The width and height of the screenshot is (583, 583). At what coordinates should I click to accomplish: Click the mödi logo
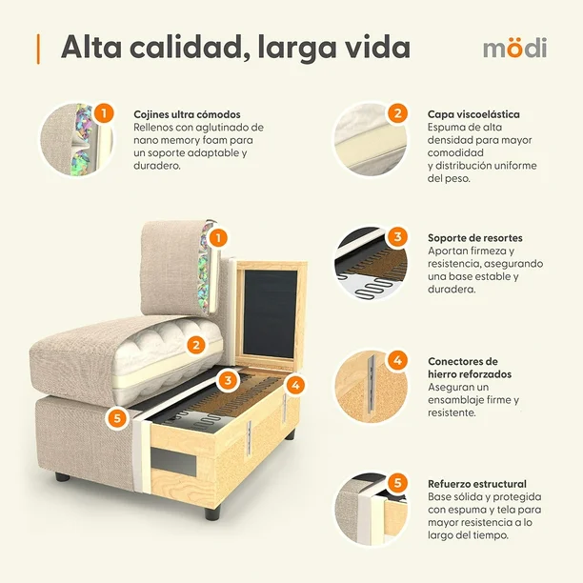tap(515, 48)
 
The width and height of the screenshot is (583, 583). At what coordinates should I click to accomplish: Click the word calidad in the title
tap(187, 48)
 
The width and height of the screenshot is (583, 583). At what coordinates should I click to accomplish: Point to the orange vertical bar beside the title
tap(38, 49)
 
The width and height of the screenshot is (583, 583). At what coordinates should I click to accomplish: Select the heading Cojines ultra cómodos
tap(187, 114)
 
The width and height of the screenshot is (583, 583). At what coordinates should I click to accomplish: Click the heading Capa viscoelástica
tap(473, 114)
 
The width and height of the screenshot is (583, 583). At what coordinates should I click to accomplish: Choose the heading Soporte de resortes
tap(475, 237)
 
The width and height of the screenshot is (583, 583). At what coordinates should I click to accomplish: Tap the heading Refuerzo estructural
tap(477, 484)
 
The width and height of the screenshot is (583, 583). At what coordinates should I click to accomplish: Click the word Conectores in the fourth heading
tap(458, 361)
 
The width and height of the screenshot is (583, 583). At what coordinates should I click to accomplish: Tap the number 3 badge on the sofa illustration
tap(228, 380)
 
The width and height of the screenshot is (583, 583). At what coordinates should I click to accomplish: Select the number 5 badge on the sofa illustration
tap(117, 418)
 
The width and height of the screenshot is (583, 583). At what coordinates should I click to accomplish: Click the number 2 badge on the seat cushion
tap(196, 346)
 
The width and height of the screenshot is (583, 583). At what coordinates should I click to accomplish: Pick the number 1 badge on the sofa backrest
tap(218, 237)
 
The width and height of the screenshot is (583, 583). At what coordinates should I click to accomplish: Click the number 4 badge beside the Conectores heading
tap(398, 360)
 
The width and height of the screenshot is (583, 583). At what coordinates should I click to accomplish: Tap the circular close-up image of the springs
tap(371, 263)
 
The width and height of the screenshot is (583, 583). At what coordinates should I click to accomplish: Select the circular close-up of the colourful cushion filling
tap(76, 139)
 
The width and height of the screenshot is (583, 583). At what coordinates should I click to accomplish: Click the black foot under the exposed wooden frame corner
tap(212, 513)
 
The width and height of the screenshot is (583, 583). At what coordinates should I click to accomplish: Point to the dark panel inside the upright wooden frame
tap(270, 313)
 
